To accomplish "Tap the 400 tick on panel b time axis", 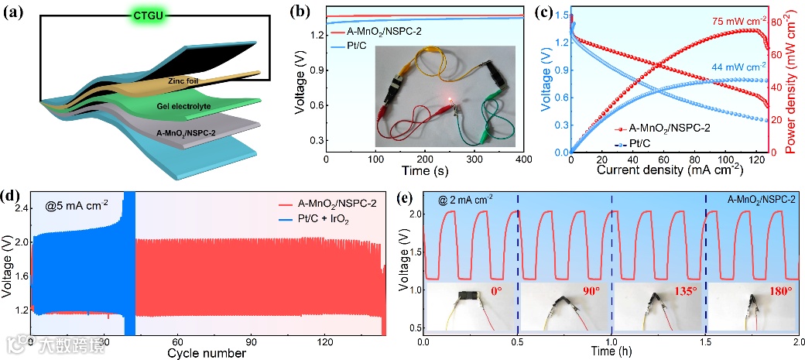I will [524, 159].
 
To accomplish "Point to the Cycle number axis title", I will [207, 353].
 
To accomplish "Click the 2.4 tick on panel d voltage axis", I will [15, 208].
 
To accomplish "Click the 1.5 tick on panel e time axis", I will [705, 341].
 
